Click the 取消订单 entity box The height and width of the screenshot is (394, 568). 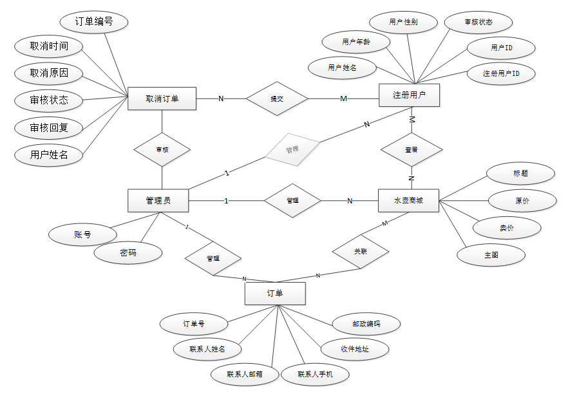coord(162,98)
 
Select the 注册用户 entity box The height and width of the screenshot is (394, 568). coord(409,95)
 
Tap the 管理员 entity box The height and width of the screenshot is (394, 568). coord(158,200)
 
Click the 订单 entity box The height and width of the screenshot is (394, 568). coord(275,293)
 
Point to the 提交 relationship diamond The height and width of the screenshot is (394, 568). coord(277,98)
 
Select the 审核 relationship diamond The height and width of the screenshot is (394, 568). coord(162,149)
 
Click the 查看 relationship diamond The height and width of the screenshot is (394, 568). coord(412,149)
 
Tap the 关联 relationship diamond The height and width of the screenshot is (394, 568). coord(361,251)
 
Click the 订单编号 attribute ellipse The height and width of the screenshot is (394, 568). coord(94,22)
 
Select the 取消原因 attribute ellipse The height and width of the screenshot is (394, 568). coord(49,73)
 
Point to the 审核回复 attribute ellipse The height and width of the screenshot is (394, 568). coord(49,127)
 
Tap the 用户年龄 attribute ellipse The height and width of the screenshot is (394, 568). coord(355,42)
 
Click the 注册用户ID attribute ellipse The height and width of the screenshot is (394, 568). coord(501,74)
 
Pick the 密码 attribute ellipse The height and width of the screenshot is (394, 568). coord(128,253)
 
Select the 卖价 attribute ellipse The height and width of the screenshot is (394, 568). coord(507,227)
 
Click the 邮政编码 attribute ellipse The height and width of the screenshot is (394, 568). coord(366,323)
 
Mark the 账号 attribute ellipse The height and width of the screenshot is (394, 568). coord(82,234)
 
